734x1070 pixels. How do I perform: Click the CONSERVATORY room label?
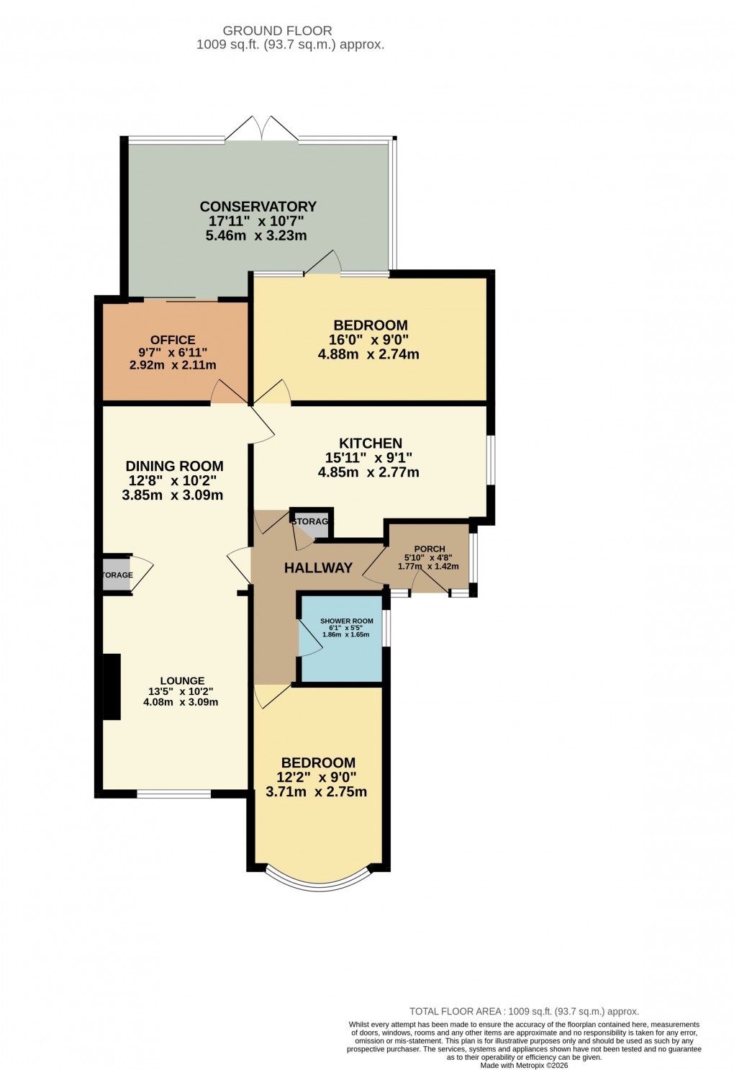coord(258,207)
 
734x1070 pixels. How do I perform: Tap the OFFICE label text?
coord(173,340)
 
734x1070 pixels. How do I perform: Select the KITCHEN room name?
coord(371,444)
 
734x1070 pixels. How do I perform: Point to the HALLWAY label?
coord(318,568)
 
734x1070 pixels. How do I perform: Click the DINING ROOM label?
coord(174,466)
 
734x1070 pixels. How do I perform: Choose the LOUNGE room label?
coord(182,680)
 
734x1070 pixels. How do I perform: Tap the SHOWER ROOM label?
coord(346,621)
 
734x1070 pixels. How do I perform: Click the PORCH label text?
coord(430,549)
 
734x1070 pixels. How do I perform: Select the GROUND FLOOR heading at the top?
coord(277,31)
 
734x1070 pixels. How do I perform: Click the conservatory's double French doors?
coord(262,130)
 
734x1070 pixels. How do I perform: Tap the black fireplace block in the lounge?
coord(112,686)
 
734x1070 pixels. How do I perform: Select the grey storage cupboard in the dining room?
coord(116,575)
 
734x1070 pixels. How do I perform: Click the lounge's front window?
coord(173,794)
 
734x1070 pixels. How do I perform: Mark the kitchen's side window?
coord(491,459)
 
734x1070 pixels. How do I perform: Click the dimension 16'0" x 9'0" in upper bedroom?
coord(371,340)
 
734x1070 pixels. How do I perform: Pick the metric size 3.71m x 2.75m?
coord(317,792)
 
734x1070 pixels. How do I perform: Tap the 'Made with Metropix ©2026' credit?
coord(524,1065)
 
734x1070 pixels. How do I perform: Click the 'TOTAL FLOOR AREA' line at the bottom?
coord(524,1011)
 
